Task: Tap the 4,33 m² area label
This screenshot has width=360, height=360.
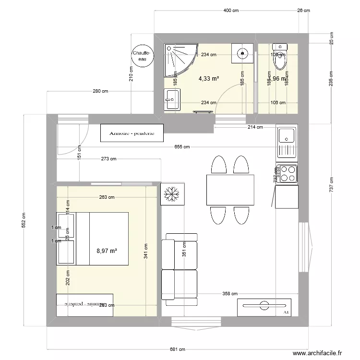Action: (209, 78)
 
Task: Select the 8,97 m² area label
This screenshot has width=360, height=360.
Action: (107, 251)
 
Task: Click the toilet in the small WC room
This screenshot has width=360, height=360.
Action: (279, 53)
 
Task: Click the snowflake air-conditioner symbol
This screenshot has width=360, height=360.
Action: (172, 194)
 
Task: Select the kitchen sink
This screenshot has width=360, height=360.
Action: (287, 142)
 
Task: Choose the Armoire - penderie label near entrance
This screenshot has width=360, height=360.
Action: (132, 133)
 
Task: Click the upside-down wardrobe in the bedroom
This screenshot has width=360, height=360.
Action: (84, 305)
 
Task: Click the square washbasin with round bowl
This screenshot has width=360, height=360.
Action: (242, 53)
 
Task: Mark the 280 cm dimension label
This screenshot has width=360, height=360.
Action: (100, 92)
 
